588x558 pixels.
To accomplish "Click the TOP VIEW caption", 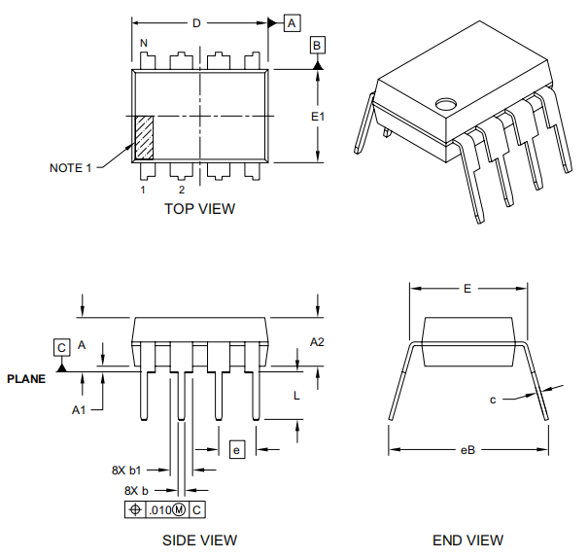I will (x=199, y=208).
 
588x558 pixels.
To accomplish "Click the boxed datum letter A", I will (x=293, y=22).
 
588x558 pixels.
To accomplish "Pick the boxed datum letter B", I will (x=318, y=46).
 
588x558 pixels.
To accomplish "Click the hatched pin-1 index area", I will (x=143, y=138).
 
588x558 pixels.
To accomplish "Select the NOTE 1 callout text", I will (x=70, y=168).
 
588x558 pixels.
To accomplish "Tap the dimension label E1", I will (x=318, y=117).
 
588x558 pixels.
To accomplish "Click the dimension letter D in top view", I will (x=196, y=23).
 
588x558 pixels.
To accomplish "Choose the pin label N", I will (x=144, y=44).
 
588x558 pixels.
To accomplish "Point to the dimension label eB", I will (x=467, y=449).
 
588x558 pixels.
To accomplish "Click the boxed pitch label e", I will (x=236, y=449).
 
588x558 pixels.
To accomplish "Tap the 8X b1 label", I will (x=127, y=470).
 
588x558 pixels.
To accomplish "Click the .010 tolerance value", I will (x=158, y=510).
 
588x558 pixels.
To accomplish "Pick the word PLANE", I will (x=26, y=379).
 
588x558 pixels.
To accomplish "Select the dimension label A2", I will (x=317, y=342).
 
